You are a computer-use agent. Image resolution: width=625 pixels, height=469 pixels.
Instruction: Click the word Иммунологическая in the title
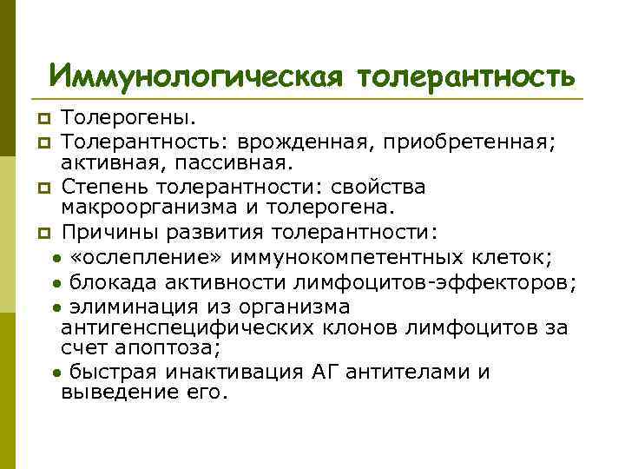point(194,76)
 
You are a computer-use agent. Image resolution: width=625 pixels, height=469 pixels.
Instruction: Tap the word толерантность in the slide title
point(464,76)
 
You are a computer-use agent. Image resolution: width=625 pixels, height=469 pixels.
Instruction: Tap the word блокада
point(107,281)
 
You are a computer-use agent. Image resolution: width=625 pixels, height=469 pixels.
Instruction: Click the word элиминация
point(127,307)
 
